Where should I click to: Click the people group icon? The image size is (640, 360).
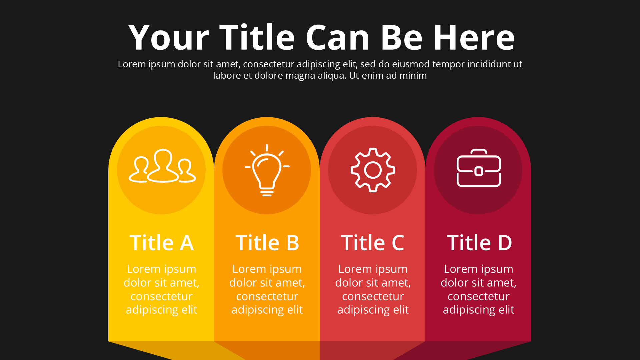(x=162, y=166)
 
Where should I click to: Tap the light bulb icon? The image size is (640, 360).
(x=267, y=170)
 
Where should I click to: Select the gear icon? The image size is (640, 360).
(x=373, y=170)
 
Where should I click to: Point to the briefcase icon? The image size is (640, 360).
(x=479, y=168)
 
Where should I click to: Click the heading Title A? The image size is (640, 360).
(x=162, y=242)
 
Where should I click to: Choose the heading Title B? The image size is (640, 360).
(x=267, y=242)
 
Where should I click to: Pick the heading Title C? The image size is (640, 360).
(x=373, y=242)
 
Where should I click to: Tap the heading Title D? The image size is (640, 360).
(x=479, y=242)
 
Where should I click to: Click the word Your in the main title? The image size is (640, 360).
(x=169, y=37)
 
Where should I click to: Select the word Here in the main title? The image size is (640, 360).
(x=474, y=37)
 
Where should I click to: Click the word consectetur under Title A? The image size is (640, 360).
(x=162, y=296)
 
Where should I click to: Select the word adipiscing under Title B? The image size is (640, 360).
(x=255, y=310)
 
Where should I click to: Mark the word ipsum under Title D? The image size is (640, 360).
(x=497, y=269)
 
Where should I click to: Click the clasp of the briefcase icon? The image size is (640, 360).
(x=479, y=171)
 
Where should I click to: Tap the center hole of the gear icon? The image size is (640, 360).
(x=373, y=170)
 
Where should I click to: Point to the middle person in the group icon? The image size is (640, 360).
(x=163, y=165)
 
